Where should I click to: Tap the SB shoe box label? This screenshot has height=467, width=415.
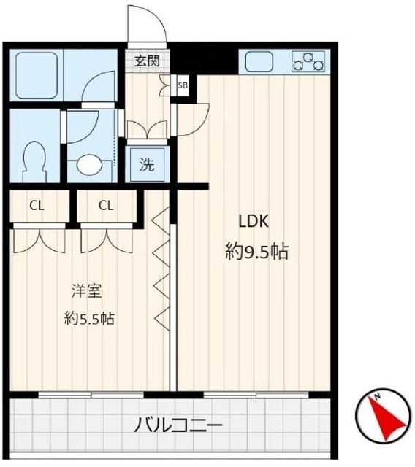click(x=182, y=85)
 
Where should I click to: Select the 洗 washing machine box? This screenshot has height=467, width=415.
click(x=147, y=164)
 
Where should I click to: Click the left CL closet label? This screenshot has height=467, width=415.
click(x=37, y=205)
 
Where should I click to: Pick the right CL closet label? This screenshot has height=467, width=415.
click(x=106, y=205)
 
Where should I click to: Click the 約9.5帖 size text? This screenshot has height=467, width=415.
click(x=256, y=252)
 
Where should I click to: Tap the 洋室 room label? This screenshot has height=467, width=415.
click(x=86, y=291)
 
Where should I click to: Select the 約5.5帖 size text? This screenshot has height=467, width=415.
click(x=88, y=318)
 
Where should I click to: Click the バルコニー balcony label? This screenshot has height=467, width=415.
click(x=178, y=425)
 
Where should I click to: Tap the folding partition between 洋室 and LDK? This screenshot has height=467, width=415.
click(x=162, y=270)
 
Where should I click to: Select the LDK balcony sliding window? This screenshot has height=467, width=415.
click(x=251, y=395)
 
